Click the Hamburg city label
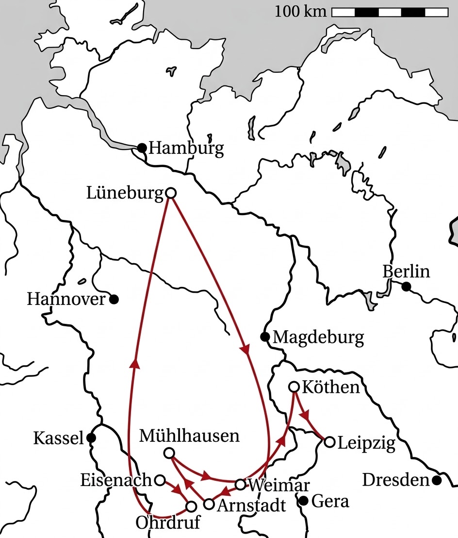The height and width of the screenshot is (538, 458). coord(186,148)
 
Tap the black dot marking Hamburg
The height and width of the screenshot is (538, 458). coord(142,147)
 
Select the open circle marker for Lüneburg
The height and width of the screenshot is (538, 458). coord(170,193)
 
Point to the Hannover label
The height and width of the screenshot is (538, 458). coord(66,299)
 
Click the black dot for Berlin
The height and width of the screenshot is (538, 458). coord(407,286)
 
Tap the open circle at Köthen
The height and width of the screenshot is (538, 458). coord(294,387)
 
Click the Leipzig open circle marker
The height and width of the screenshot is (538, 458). coord(329,442)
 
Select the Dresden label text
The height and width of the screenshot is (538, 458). coord(396,480)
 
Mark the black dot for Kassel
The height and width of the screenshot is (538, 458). coord(90,438)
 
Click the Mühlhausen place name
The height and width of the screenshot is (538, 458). coord(189,436)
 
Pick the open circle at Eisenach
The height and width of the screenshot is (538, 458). coord(159,480)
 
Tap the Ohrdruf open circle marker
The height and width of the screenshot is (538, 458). coord(191,506)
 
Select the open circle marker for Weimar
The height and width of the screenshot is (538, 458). coord(240,484)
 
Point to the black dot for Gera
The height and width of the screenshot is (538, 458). coord(304,501)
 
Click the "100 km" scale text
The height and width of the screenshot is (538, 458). coord(301,11)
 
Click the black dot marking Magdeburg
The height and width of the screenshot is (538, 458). coord(265,336)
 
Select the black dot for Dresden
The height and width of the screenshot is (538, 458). coord(437,480)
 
